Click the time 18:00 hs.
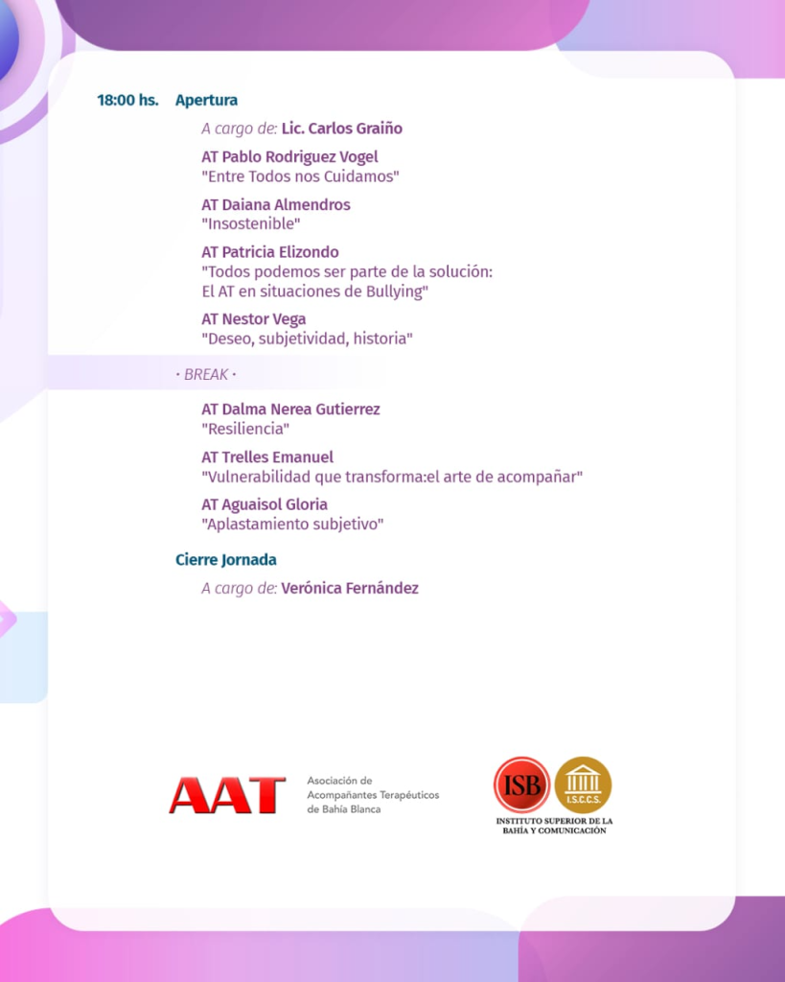[x=127, y=100]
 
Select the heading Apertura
[x=206, y=100]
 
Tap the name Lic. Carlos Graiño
[x=341, y=129]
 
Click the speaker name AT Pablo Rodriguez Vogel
[x=289, y=156]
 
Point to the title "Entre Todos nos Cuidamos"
[x=300, y=176]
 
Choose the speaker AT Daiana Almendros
[x=276, y=204]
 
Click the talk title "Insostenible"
[x=251, y=224]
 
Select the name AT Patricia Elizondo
[x=270, y=252]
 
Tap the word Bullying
[x=394, y=292]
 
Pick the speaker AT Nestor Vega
[x=253, y=319]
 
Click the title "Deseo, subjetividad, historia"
[x=307, y=339]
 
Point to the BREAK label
[x=206, y=374]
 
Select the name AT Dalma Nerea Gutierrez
[x=290, y=409]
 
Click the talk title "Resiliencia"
[x=245, y=429]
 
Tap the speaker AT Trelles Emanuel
[x=267, y=457]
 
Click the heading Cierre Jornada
[x=226, y=559]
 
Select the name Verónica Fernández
[x=350, y=588]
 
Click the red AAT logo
[x=227, y=795]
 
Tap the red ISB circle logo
[x=521, y=784]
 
